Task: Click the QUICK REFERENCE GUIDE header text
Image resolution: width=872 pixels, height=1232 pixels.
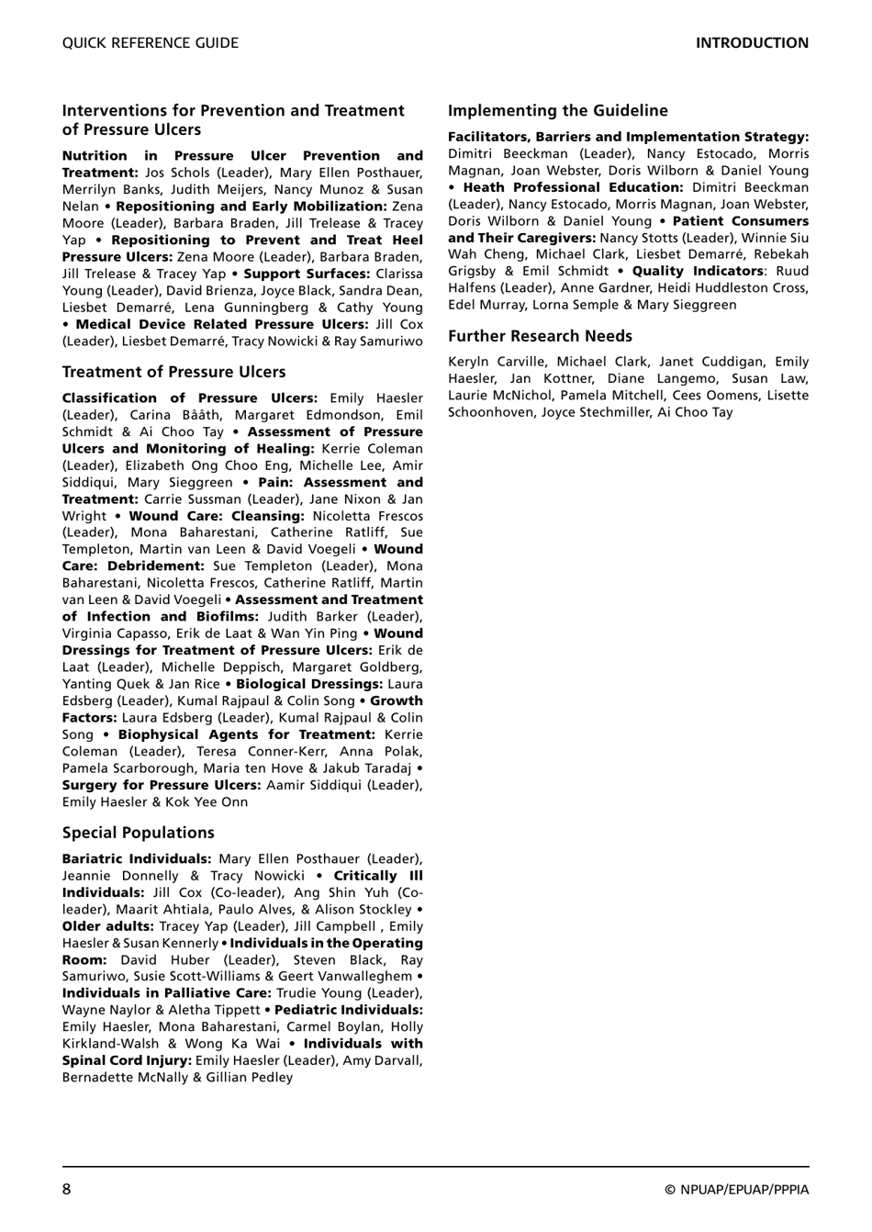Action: tap(150, 43)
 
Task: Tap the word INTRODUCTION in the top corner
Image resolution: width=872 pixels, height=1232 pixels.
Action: tap(752, 43)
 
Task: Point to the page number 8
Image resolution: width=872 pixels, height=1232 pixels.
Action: tap(67, 1190)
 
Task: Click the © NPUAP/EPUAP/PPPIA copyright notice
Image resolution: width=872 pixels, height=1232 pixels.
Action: tap(736, 1190)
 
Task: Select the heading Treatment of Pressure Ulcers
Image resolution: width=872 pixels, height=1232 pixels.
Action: tap(173, 372)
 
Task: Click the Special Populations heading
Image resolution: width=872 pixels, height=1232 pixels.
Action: tap(138, 833)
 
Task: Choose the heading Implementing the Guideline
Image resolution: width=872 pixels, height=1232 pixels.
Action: tap(557, 111)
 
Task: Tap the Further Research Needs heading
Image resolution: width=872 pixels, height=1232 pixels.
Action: tap(540, 336)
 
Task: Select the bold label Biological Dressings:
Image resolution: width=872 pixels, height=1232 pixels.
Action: tap(309, 684)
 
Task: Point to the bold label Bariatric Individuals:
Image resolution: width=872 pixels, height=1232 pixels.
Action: tap(137, 859)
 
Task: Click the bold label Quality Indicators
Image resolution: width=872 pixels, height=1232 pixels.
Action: tap(697, 271)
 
